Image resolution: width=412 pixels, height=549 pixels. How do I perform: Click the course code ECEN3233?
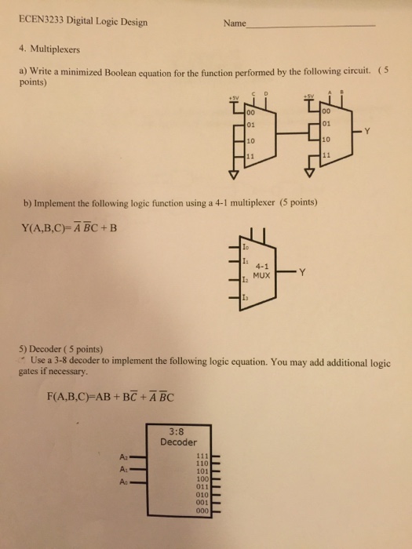(42, 21)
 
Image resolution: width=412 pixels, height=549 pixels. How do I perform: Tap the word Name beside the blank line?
(235, 24)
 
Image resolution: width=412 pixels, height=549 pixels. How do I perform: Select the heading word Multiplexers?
(55, 49)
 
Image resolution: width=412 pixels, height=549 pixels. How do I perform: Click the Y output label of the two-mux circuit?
(366, 131)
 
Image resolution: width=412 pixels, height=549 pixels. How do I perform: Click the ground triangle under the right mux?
(309, 173)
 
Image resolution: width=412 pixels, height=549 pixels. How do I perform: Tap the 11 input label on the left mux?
(250, 156)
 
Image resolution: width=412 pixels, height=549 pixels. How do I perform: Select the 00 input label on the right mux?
(326, 111)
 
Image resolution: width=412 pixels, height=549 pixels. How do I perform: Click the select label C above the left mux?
(254, 93)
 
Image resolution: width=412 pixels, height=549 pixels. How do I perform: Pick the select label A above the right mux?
(330, 92)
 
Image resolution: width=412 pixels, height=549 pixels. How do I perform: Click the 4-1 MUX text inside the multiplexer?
(261, 271)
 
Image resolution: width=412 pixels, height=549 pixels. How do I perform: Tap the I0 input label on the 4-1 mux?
(245, 247)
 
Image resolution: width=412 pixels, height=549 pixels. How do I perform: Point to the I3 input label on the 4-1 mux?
(245, 298)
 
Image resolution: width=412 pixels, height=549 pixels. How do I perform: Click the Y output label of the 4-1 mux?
(302, 271)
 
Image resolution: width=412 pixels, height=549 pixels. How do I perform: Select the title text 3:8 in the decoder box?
(177, 431)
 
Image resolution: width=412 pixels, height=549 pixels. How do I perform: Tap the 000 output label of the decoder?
(202, 511)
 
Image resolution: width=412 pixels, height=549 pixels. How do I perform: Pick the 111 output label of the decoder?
(202, 456)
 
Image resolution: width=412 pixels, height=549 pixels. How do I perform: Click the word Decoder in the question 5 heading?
(45, 349)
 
